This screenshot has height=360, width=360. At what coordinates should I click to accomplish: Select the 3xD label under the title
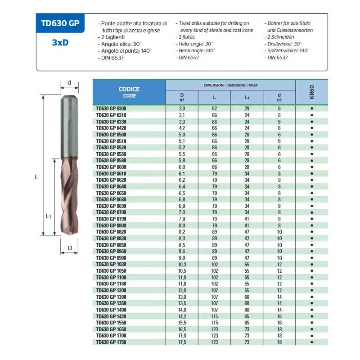(x=59, y=44)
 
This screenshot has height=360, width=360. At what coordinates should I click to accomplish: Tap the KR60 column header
(x=311, y=92)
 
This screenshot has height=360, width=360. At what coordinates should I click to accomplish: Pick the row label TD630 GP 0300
(x=111, y=108)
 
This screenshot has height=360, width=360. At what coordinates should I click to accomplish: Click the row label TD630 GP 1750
(x=111, y=342)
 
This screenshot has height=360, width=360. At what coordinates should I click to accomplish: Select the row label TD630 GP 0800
(x=111, y=225)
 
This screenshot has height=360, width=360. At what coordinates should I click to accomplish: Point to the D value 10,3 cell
(x=182, y=265)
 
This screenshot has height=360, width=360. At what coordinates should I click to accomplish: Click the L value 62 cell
(x=214, y=108)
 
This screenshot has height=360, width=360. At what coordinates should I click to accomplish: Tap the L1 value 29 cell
(x=247, y=108)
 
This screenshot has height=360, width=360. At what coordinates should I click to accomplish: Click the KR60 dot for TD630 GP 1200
(x=311, y=290)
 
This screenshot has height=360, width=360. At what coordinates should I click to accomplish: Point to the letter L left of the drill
(x=36, y=177)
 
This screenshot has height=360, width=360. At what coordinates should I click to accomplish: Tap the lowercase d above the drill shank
(x=69, y=83)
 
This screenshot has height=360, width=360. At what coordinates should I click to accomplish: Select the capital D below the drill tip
(x=70, y=247)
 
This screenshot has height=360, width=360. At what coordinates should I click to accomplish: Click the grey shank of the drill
(x=70, y=121)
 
